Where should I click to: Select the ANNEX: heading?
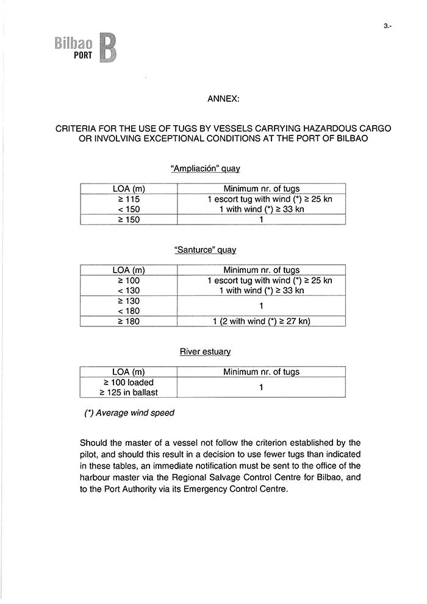tap(223, 98)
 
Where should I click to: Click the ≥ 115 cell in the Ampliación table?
tap(129, 199)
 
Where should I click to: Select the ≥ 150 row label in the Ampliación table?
tap(129, 220)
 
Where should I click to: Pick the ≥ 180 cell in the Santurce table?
tap(129, 321)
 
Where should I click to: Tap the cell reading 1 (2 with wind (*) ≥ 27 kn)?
tap(261, 321)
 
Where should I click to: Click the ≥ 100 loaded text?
tap(129, 383)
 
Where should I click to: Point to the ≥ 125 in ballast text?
tap(129, 392)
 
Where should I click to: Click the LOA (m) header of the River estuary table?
tap(129, 372)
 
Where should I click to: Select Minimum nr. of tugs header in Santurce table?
tap(261, 270)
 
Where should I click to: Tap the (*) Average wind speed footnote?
tap(129, 413)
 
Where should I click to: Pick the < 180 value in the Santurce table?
tap(129, 311)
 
